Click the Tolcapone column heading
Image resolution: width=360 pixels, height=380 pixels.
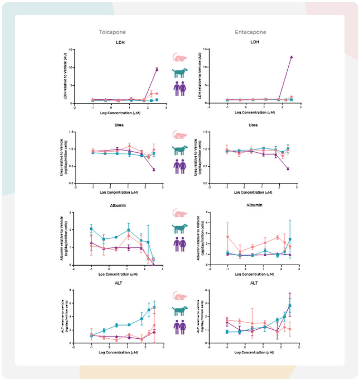tap(111, 32)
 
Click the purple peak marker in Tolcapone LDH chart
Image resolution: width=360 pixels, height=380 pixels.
tap(157, 69)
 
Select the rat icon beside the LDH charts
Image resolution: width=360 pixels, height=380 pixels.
tap(179, 58)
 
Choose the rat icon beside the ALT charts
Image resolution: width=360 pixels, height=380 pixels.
tap(179, 296)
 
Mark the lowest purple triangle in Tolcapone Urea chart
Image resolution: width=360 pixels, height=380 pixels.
tap(154, 170)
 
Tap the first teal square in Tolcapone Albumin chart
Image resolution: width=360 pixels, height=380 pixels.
tap(91, 229)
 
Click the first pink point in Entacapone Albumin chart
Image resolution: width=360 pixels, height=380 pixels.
tap(227, 236)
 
